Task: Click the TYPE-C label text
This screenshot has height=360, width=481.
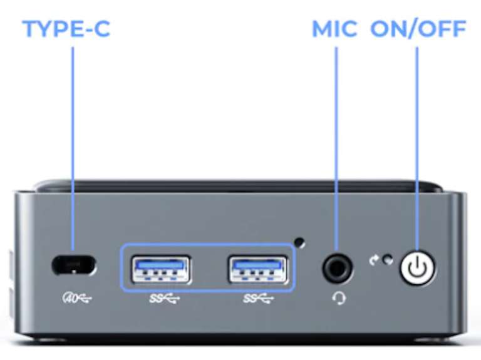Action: click(x=66, y=29)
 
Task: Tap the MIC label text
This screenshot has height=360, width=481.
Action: click(x=334, y=29)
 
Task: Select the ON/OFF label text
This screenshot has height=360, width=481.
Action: click(x=418, y=29)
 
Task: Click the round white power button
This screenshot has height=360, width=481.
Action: click(x=418, y=267)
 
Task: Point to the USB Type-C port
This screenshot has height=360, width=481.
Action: click(x=74, y=265)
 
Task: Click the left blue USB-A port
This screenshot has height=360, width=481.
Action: click(x=160, y=270)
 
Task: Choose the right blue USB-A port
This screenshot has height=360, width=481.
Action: click(x=257, y=270)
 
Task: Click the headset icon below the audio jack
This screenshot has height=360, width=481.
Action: click(x=339, y=298)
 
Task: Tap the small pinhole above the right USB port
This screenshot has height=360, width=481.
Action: click(x=300, y=242)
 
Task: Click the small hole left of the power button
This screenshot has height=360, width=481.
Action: click(x=388, y=260)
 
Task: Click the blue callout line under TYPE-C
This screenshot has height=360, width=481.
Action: click(x=73, y=148)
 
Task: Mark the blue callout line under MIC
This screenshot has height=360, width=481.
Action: click(x=336, y=148)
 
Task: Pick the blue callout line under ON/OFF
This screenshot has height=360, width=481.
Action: click(x=417, y=148)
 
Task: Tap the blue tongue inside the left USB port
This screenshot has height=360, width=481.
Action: click(x=160, y=264)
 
